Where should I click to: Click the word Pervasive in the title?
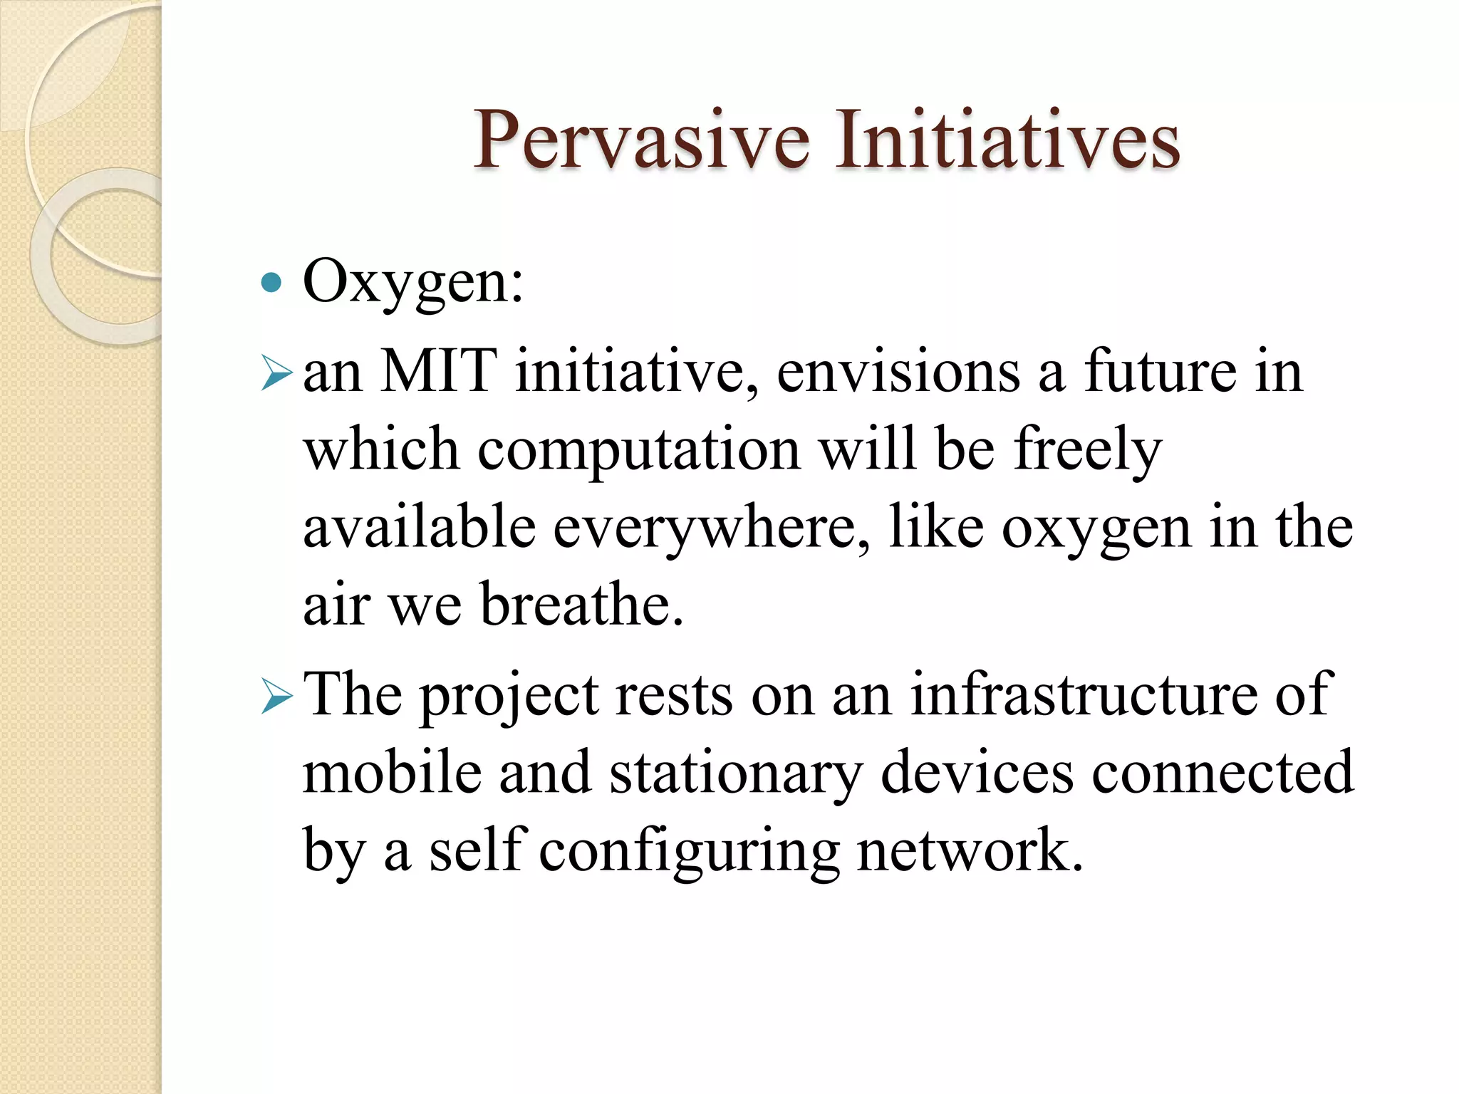click(x=641, y=140)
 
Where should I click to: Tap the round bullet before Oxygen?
click(x=271, y=283)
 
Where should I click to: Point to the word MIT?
click(x=437, y=372)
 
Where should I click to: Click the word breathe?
click(x=581, y=605)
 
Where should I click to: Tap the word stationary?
click(x=735, y=774)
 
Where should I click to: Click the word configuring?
click(x=689, y=853)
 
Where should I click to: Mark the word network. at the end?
click(x=970, y=851)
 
